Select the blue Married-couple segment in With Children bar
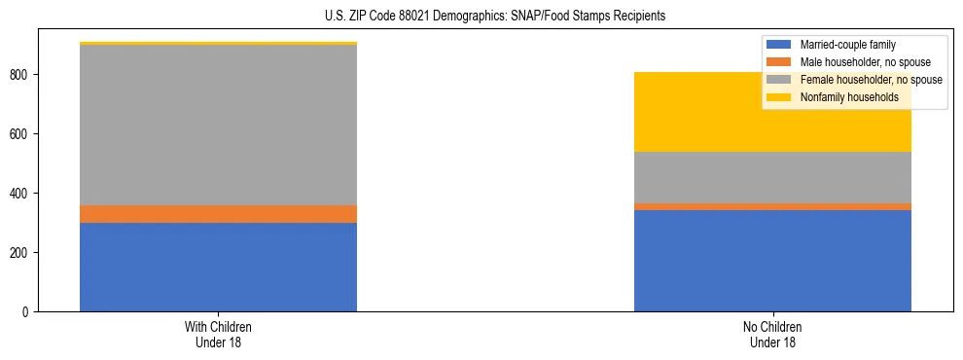[218, 267]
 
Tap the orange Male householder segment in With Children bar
[218, 213]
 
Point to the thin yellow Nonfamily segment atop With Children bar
[218, 44]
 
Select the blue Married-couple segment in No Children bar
[772, 261]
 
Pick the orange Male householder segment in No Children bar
[772, 206]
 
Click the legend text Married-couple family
[847, 45]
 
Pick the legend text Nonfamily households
[842, 97]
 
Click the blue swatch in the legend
[779, 45]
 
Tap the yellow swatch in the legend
[779, 97]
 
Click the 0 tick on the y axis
[29, 311]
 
